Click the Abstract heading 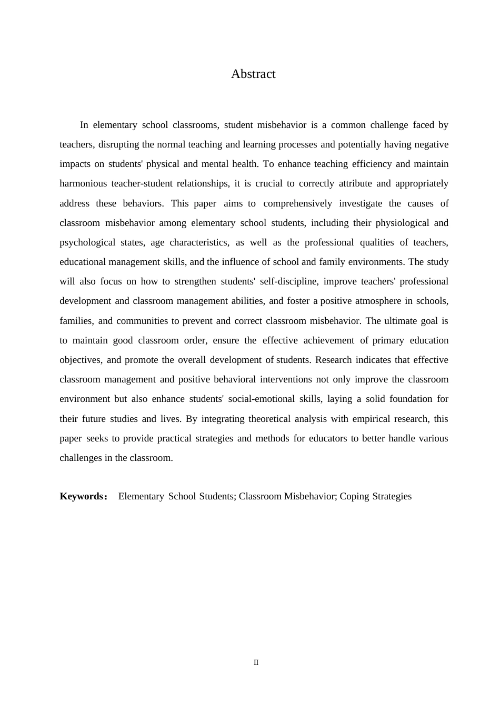(253, 74)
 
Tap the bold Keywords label (82, 496)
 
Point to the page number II (256, 663)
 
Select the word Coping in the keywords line (354, 496)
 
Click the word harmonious (83, 184)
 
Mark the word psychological (87, 243)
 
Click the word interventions (286, 380)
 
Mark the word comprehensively (298, 203)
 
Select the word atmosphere (376, 301)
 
